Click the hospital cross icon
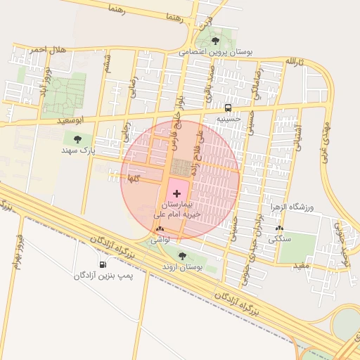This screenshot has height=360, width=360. click(x=176, y=192)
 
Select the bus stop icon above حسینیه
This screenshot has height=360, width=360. click(x=228, y=108)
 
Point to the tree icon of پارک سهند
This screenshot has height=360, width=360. click(x=77, y=139)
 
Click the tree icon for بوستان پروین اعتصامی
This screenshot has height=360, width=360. click(x=215, y=41)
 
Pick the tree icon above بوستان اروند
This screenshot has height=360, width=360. click(x=183, y=256)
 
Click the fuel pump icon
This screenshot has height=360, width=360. click(x=104, y=264)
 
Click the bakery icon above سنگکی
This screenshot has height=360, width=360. click(x=280, y=228)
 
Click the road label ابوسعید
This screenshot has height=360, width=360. click(x=73, y=121)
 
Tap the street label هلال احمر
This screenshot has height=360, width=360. click(x=47, y=49)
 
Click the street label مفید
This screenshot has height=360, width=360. click(x=302, y=264)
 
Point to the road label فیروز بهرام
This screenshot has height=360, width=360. click(x=17, y=250)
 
